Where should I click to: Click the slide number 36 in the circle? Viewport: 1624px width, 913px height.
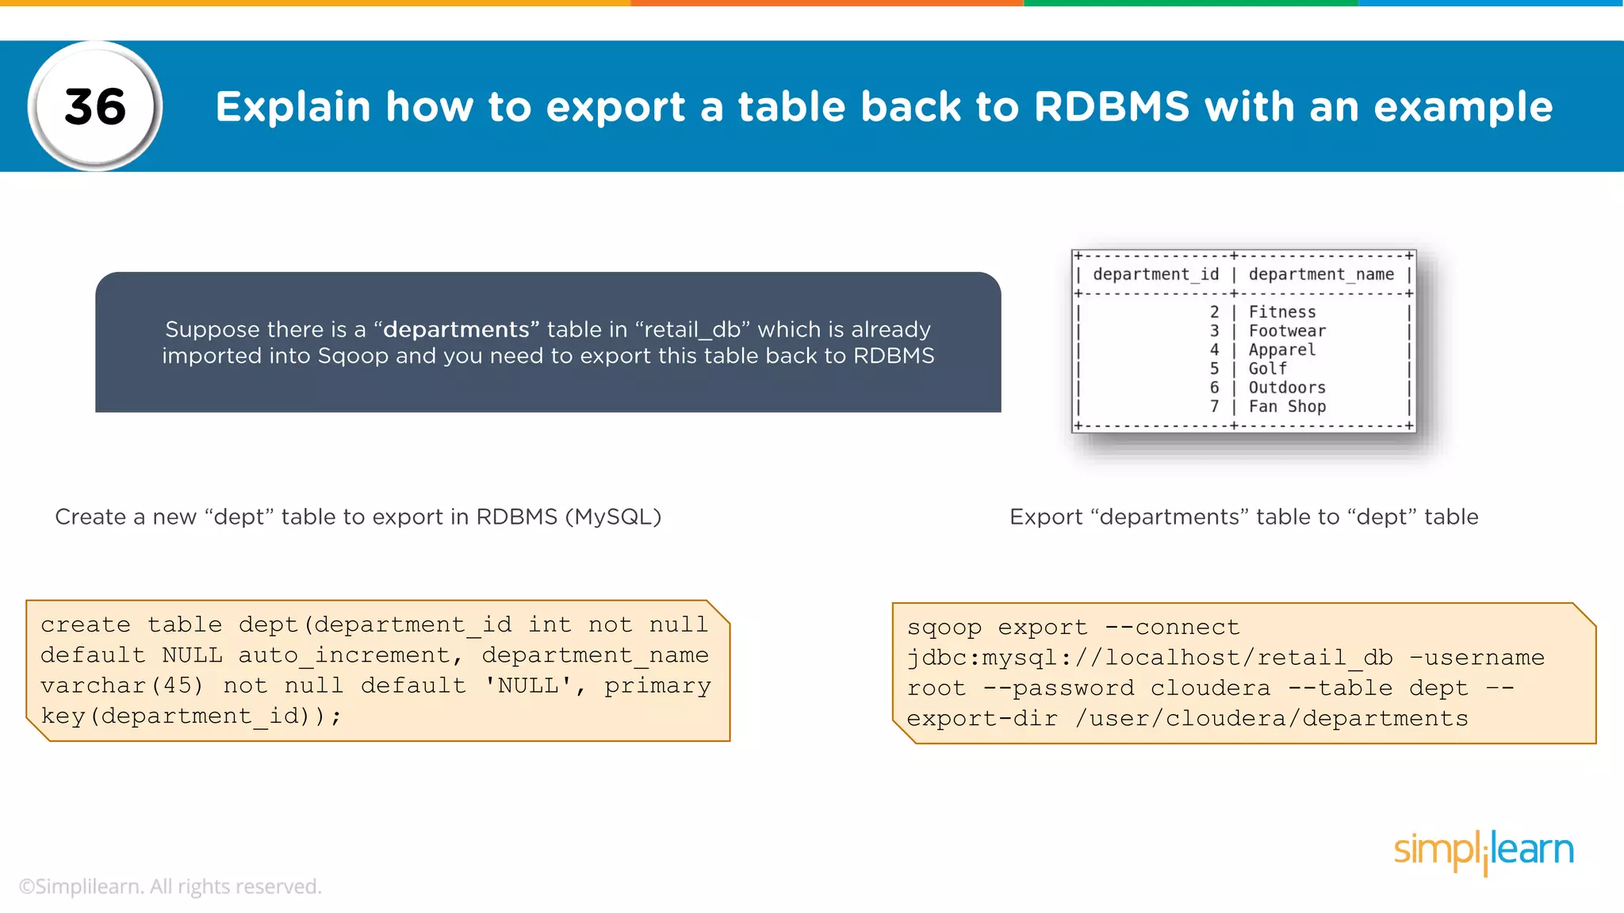coord(95,106)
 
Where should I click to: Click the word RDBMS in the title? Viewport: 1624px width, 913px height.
coord(1112,106)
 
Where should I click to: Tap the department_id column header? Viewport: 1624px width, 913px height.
coord(1155,274)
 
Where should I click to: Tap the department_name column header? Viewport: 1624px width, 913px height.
coord(1321,274)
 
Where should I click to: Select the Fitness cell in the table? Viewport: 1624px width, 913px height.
coord(1281,312)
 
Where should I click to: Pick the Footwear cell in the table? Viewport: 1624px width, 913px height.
coord(1286,331)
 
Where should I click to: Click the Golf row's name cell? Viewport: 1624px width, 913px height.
coord(1267,369)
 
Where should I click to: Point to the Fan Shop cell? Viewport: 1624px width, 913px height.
coord(1286,407)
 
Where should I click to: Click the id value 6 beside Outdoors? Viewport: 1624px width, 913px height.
coord(1214,388)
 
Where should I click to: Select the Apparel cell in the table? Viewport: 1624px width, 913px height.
coord(1281,350)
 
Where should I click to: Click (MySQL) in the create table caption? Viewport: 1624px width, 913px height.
coord(613,517)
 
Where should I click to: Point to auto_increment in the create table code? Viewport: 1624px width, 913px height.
coord(345,655)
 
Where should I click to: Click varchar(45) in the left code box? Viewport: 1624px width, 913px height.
coord(122,686)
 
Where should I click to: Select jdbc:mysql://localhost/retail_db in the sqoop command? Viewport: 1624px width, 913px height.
coord(1149,658)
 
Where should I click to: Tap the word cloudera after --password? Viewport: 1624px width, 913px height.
coord(1210,688)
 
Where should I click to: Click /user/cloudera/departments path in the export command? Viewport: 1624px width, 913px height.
coord(1271,718)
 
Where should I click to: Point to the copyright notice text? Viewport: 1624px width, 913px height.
coord(170,886)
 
